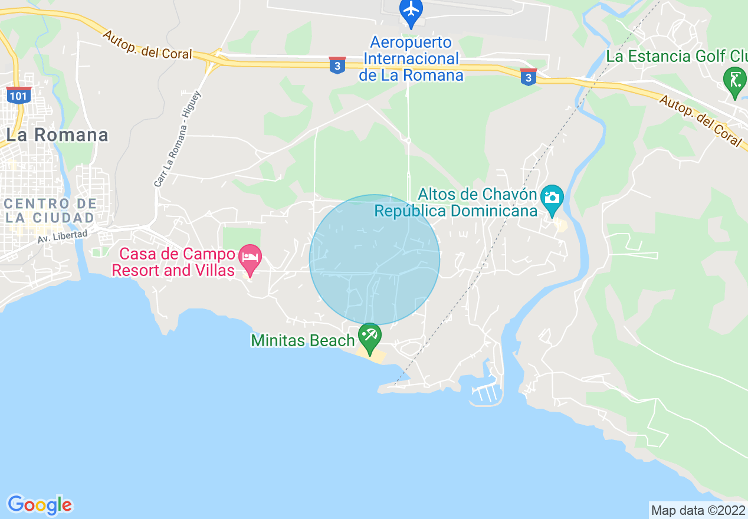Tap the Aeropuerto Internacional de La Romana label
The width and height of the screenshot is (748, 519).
coord(411,59)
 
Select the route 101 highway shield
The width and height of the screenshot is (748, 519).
coord(19,96)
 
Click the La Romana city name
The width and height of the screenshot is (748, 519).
coord(57,135)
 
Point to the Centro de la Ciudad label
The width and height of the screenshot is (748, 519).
coord(50,211)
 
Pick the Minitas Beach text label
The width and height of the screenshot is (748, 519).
coord(303,340)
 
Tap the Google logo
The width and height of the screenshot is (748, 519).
coord(40,505)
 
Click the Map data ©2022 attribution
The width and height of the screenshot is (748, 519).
coord(698,510)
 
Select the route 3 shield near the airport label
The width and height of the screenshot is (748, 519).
coord(337,65)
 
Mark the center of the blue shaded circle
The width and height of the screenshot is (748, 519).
coord(375,259)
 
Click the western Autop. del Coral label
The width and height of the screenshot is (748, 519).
coord(147,45)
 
